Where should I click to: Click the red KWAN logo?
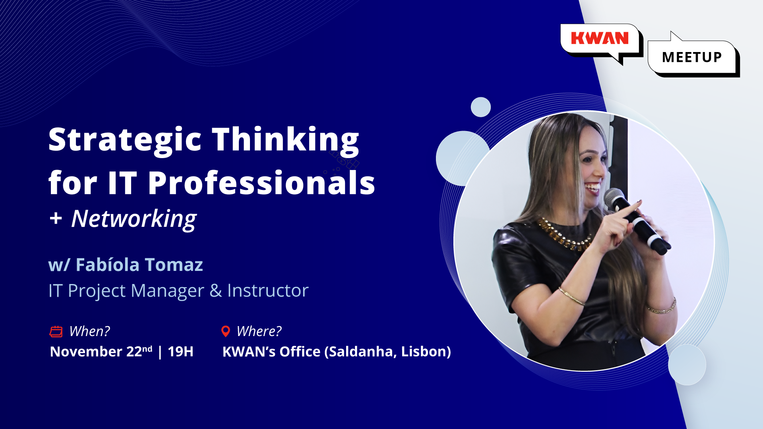[x=600, y=39]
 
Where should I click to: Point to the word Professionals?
[x=261, y=183]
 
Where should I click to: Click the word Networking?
[x=134, y=219]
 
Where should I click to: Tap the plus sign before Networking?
[x=56, y=218]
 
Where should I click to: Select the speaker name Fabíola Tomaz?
[x=139, y=265]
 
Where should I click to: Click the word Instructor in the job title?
[x=268, y=291]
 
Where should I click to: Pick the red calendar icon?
[x=56, y=331]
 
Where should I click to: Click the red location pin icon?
[x=226, y=331]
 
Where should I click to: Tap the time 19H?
[x=180, y=352]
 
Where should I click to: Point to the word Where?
[x=259, y=331]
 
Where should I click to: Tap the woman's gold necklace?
[x=564, y=235]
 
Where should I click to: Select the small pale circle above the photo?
[x=481, y=107]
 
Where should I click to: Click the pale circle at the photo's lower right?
[x=687, y=365]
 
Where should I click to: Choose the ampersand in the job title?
[x=216, y=291]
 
